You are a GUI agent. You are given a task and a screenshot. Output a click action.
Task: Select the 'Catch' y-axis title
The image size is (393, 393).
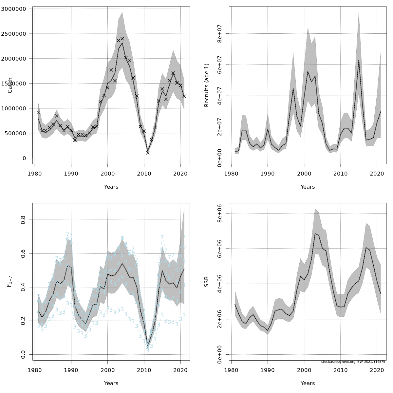10,85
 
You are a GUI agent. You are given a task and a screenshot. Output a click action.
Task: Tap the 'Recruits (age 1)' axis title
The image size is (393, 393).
207,85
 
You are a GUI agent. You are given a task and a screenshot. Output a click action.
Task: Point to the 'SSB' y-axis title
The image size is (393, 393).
207,282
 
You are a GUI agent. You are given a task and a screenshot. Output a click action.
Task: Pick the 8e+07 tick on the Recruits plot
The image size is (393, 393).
220,34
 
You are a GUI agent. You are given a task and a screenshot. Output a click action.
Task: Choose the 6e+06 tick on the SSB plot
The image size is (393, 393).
220,249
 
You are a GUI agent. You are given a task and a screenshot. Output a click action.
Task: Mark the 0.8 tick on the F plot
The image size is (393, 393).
23,220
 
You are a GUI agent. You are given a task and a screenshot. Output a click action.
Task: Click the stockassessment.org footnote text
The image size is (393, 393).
353,362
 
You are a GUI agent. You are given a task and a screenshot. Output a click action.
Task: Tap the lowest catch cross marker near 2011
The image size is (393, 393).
148,153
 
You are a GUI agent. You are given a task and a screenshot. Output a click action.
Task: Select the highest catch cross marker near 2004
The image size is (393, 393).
122,39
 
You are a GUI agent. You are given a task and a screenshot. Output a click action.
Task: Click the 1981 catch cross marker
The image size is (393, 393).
38,112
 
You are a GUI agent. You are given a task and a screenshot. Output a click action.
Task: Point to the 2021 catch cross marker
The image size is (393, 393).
184,96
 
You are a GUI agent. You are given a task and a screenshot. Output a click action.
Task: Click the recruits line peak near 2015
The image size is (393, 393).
359,60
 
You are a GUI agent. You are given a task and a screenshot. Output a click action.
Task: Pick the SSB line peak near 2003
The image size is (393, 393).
315,234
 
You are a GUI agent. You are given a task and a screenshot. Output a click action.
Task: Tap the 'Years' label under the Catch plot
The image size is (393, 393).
111,187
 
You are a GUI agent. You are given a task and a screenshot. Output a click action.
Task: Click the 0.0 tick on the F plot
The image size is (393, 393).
23,354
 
